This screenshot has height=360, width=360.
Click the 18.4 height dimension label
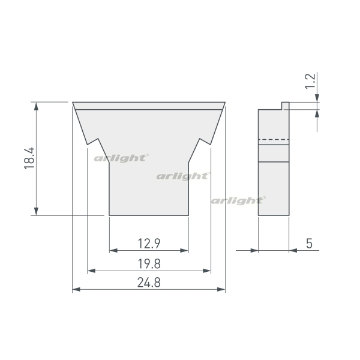click(x=29, y=158)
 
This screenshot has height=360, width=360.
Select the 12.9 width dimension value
click(x=149, y=244)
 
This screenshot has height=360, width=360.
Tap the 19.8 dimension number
click(x=149, y=264)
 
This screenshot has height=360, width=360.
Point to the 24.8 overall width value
click(x=149, y=283)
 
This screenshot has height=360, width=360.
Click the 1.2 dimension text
click(x=310, y=81)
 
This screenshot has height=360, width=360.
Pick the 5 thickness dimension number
click(x=309, y=244)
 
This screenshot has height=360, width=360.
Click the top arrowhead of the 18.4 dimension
click(x=36, y=106)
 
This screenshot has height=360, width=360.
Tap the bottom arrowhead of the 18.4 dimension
click(x=36, y=211)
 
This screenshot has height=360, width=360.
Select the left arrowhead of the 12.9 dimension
click(x=113, y=250)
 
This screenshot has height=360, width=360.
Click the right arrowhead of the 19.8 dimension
click(x=206, y=271)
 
